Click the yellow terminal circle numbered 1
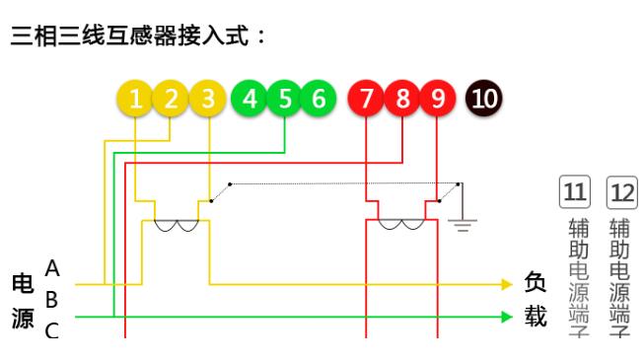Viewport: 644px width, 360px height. point(135,99)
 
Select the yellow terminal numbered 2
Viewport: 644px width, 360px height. point(171,99)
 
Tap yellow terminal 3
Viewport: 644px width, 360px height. point(206,99)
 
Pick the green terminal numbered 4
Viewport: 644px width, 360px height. point(250,99)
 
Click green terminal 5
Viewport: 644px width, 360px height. point(285,99)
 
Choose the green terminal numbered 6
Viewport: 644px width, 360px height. point(319,99)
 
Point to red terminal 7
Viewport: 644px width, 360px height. point(367,99)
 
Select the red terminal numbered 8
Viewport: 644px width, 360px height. point(402,99)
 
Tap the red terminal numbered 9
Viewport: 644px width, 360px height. point(438,99)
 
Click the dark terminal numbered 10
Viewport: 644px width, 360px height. point(484,99)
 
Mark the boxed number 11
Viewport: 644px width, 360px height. point(574,191)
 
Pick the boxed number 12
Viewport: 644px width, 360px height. point(621,191)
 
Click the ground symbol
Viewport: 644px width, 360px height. point(462,221)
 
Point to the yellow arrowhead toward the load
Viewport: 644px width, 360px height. point(507,284)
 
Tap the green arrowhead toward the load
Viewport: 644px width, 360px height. point(507,318)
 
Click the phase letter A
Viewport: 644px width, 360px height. point(53,268)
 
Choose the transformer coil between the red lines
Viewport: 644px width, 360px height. point(401,226)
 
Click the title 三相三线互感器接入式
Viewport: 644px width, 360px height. point(138,37)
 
